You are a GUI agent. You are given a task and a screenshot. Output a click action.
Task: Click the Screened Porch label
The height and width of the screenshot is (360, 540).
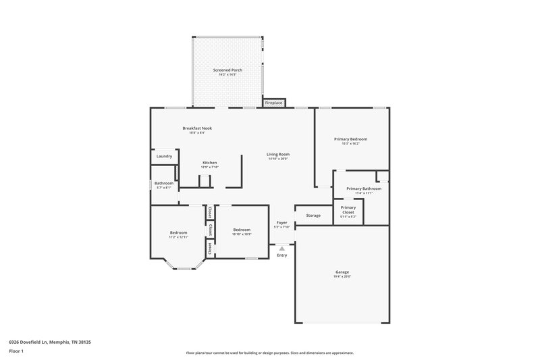[227, 70]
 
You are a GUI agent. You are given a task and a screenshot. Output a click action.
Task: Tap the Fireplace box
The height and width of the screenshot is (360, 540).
[273, 103]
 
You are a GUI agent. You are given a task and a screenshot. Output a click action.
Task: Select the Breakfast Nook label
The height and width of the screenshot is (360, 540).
[197, 128]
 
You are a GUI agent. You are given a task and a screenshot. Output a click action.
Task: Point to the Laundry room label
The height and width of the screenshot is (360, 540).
[164, 156]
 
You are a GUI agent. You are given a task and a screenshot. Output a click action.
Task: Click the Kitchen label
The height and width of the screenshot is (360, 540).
[210, 163]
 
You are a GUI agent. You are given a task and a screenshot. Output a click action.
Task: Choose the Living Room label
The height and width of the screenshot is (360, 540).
[278, 154]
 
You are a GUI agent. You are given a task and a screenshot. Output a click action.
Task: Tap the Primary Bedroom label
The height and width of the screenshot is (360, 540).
[350, 138]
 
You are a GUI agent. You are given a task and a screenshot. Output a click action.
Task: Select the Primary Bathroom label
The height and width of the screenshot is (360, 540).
[364, 188]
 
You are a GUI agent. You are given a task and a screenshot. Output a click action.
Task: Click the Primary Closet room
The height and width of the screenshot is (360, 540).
[348, 210]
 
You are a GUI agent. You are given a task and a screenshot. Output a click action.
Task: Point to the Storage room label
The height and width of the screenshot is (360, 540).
[313, 215]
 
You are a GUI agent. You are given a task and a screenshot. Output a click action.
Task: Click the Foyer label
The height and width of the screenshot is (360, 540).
[282, 222]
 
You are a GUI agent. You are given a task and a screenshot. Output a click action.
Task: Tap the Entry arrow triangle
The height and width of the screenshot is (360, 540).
[282, 249]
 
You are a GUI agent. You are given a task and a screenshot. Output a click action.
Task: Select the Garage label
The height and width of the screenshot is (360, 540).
[342, 272]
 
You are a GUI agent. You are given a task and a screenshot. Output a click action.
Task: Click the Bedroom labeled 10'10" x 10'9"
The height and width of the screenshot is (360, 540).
[242, 230]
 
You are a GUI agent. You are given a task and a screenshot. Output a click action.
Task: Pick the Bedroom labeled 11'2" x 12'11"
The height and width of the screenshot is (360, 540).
[178, 232]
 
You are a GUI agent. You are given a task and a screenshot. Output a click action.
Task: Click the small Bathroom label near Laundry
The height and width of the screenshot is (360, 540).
[164, 183]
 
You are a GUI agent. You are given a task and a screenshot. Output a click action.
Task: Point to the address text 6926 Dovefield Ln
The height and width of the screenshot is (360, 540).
[50, 342]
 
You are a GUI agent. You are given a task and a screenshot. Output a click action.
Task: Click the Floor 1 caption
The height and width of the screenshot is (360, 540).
[17, 352]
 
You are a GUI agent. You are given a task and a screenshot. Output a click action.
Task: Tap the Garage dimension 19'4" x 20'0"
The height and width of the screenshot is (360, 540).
[342, 276]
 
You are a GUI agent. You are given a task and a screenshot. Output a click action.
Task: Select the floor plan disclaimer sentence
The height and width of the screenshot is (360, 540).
[269, 353]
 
